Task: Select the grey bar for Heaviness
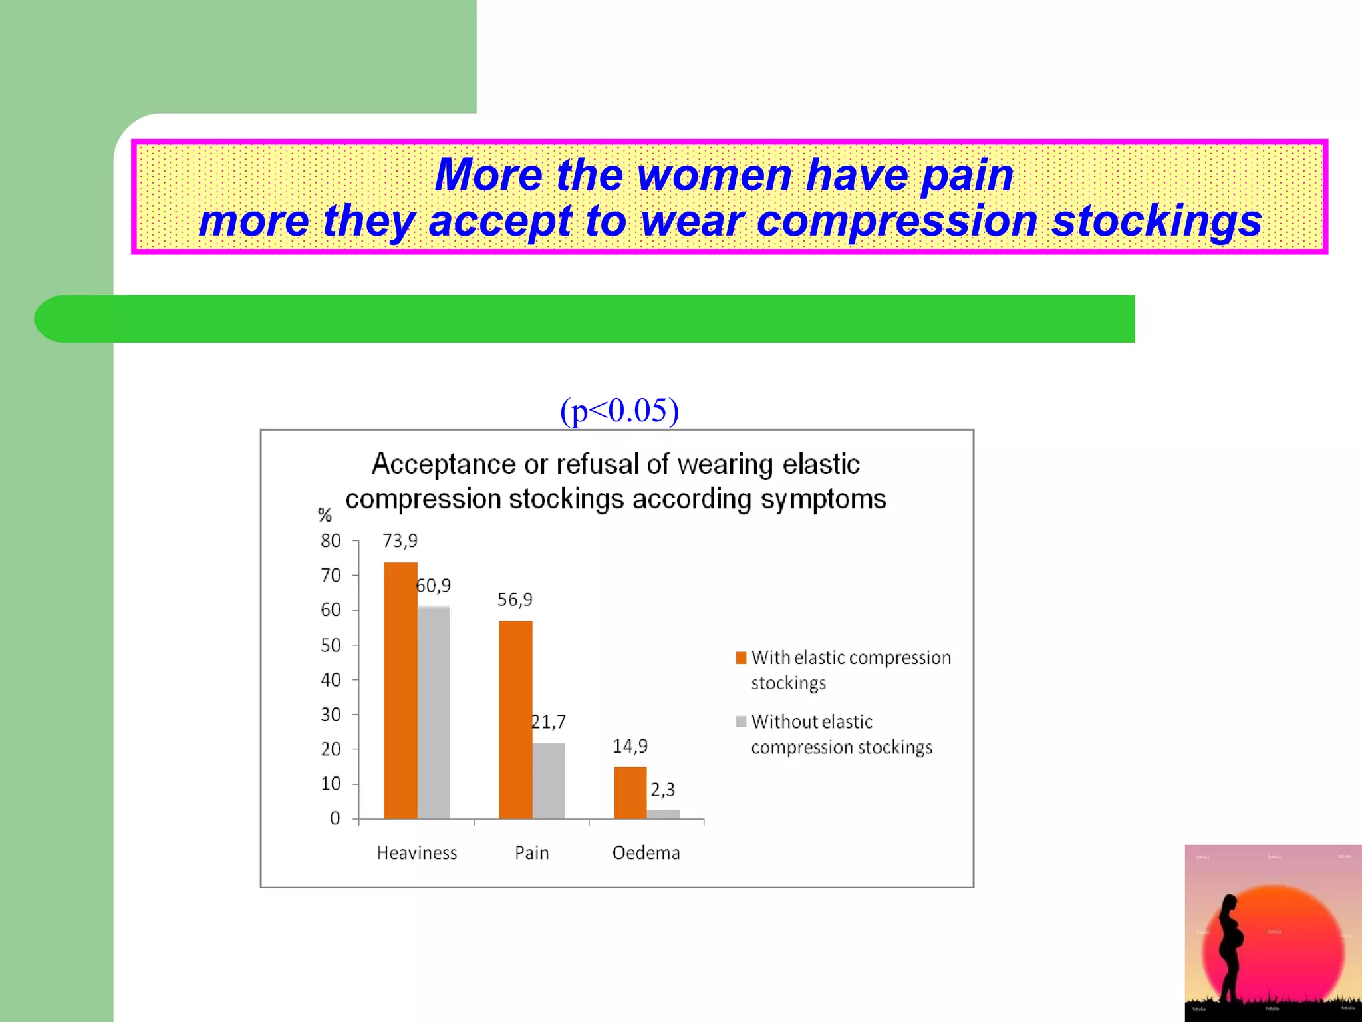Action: tap(434, 712)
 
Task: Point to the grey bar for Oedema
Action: tap(663, 814)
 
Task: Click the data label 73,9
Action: tap(400, 541)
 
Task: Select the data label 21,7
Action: tap(549, 722)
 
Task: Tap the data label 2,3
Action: tap(662, 790)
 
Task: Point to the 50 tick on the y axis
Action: tap(331, 645)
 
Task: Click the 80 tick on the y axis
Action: tap(331, 541)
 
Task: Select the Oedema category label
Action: tap(646, 853)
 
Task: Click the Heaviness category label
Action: tap(417, 853)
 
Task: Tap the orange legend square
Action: tap(741, 658)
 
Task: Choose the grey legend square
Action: tap(741, 722)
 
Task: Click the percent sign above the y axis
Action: tap(325, 515)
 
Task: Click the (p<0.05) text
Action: tap(619, 410)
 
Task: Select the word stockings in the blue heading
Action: tap(1156, 222)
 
